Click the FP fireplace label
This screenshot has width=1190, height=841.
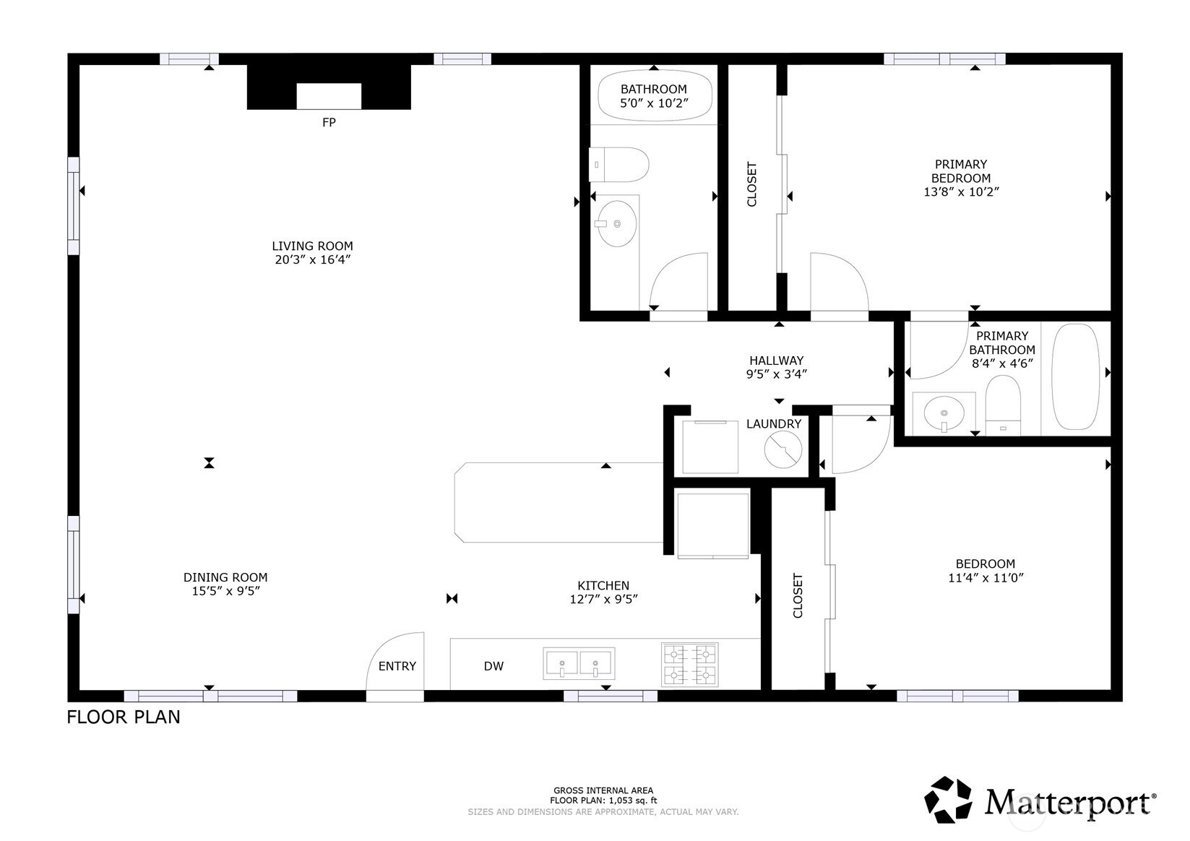coord(329,123)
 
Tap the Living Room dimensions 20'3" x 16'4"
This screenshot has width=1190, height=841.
coord(313,260)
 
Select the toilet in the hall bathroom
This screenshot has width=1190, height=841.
coord(619,165)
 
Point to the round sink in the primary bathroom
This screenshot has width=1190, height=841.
coord(944,413)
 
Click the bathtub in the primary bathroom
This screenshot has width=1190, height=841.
coord(1076,376)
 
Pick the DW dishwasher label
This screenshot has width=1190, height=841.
coord(493,666)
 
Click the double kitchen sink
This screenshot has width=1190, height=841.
coord(579,663)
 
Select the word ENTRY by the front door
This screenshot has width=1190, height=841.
coord(397,666)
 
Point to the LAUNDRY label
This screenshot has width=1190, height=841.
coord(774,424)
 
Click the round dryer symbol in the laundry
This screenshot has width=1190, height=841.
coord(783,449)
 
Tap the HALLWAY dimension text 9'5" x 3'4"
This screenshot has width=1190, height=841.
coord(777,374)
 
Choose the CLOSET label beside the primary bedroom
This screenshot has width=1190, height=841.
coord(751,184)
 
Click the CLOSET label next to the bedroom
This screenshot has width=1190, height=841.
coord(798,595)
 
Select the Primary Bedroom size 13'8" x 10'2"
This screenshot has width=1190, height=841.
coord(961,191)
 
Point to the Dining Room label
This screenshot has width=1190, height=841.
coord(225,577)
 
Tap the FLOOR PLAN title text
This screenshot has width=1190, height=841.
coord(124,717)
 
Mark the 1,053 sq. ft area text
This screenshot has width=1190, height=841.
coord(632,801)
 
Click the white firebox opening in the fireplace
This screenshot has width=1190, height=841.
coord(329,96)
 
